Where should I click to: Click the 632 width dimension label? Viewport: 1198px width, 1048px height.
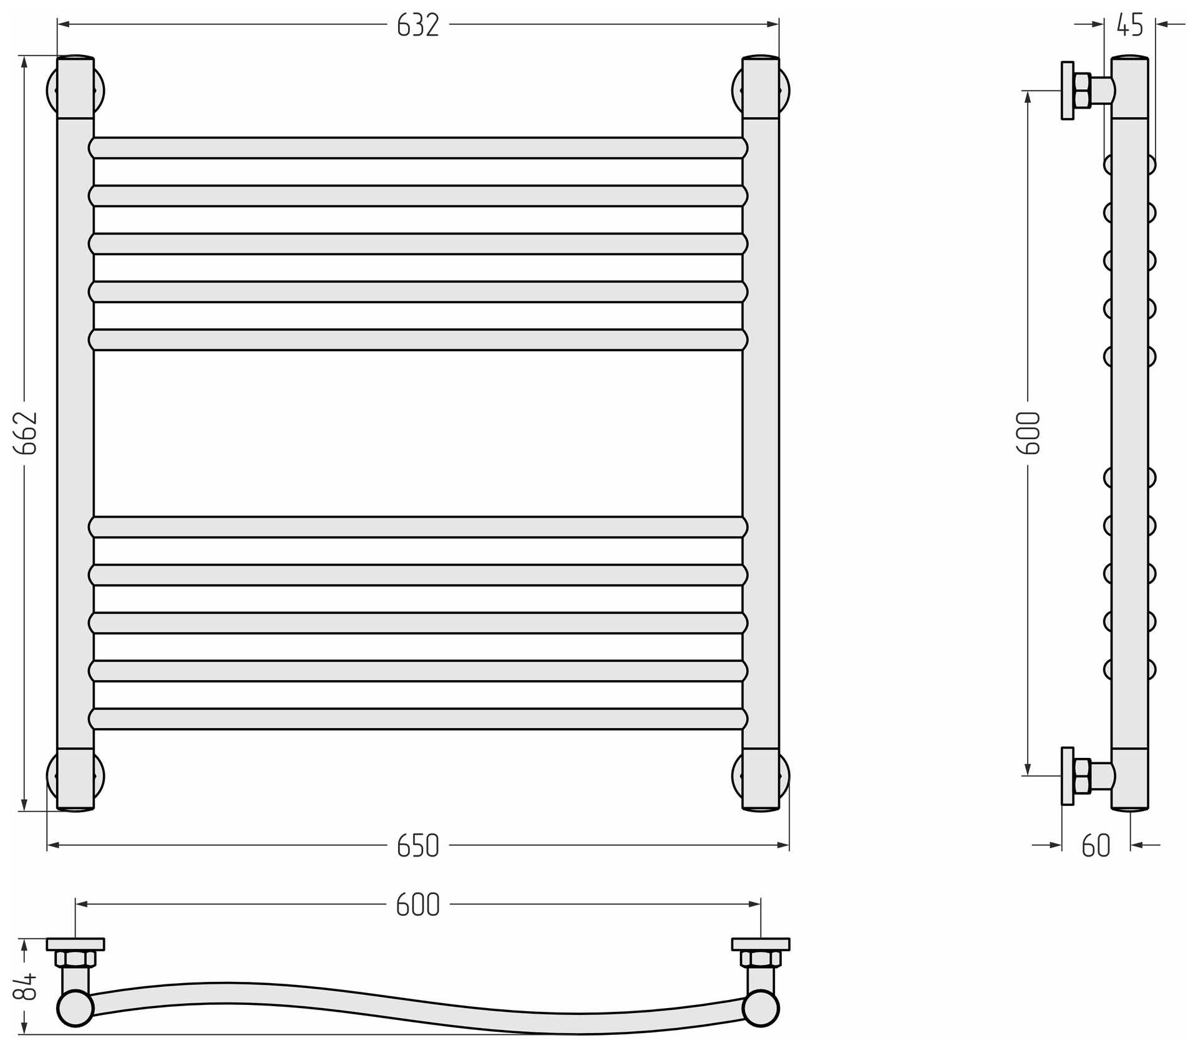tap(418, 25)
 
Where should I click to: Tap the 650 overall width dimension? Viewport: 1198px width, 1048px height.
tap(418, 846)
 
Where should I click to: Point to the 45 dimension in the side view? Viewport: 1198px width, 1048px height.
tap(1130, 25)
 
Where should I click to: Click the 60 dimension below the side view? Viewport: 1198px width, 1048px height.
tap(1096, 846)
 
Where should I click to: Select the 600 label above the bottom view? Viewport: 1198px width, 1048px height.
tap(418, 905)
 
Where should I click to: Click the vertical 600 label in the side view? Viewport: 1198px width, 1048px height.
tap(1029, 433)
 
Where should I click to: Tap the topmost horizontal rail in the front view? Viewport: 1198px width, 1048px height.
tap(418, 148)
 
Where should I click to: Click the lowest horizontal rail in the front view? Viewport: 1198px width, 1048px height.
tap(418, 719)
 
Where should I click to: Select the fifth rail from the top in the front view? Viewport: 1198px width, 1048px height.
tap(418, 340)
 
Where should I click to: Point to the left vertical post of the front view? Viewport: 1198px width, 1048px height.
tap(75, 434)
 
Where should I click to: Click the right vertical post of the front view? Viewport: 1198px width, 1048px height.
tap(761, 434)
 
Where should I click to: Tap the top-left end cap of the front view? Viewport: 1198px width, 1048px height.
tap(75, 87)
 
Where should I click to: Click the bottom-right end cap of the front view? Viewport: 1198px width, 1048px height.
tap(761, 780)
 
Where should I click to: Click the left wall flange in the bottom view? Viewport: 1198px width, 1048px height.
tap(75, 944)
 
